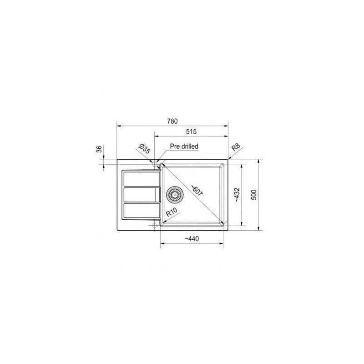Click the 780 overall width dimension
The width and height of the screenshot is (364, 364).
(172, 121)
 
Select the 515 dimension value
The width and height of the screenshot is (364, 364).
(191, 131)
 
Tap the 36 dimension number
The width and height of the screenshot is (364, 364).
(99, 149)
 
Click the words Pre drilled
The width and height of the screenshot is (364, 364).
(184, 147)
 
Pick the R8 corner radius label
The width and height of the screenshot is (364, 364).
(236, 147)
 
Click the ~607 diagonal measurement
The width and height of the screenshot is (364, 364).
(197, 190)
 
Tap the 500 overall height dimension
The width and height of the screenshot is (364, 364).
(254, 195)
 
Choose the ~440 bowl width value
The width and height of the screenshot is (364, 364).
(192, 238)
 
